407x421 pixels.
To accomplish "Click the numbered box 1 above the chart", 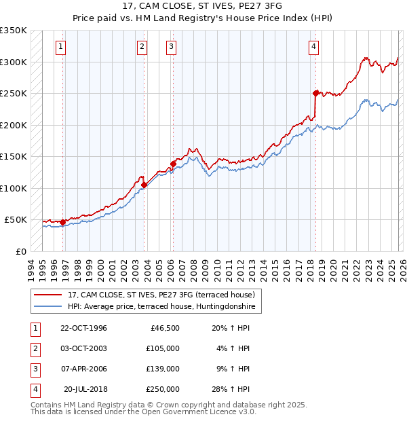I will (61, 47).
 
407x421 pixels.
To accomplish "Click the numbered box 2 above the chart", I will (142, 47).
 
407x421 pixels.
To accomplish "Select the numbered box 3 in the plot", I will (171, 47).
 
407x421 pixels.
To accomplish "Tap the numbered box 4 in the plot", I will (314, 47).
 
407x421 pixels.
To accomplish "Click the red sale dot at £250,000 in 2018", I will (315, 93).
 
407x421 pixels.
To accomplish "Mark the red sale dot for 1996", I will (63, 222).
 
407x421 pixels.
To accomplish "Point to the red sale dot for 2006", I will (173, 164).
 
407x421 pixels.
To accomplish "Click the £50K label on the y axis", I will (16, 220).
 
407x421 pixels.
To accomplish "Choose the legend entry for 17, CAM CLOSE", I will (161, 295).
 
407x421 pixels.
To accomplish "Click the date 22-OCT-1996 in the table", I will (83, 328).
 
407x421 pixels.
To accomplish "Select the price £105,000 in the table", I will (162, 348).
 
